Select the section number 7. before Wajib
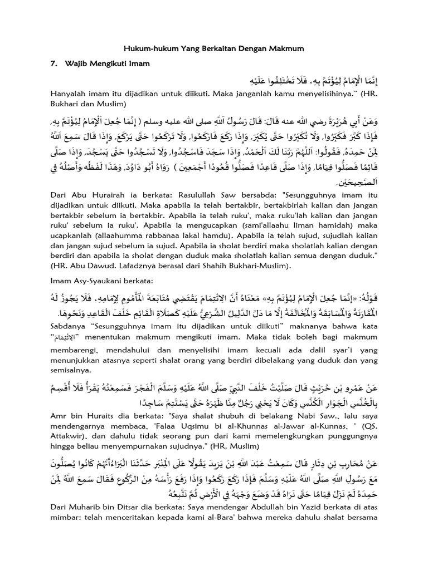pyautogui.click(x=55, y=64)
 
